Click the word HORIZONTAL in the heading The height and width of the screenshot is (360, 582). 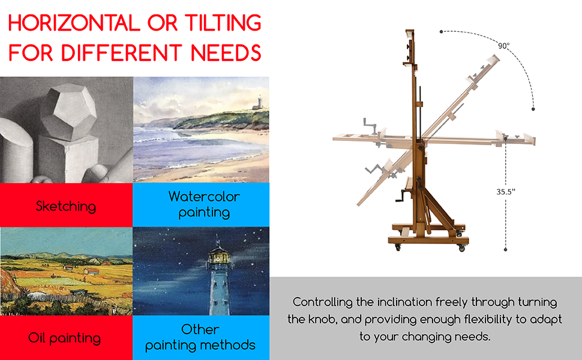pos(74,23)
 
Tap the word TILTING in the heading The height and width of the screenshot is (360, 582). pos(223,23)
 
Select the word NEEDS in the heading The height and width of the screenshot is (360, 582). pos(226,52)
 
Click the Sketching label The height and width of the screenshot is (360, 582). pos(65,206)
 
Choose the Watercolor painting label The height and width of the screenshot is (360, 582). pos(204,205)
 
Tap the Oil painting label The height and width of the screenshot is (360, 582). pos(65,338)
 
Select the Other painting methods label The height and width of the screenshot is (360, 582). pos(200,337)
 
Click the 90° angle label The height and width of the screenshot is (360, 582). pos(503,46)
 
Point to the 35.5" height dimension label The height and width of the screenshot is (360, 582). pos(506,191)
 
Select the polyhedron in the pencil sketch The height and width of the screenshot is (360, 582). pos(68,112)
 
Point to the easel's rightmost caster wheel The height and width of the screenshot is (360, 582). pos(462,248)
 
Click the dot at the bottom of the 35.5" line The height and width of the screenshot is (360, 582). pos(505,250)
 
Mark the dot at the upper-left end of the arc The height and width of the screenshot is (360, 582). pos(441,32)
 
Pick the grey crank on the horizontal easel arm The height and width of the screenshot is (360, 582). pos(370,125)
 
